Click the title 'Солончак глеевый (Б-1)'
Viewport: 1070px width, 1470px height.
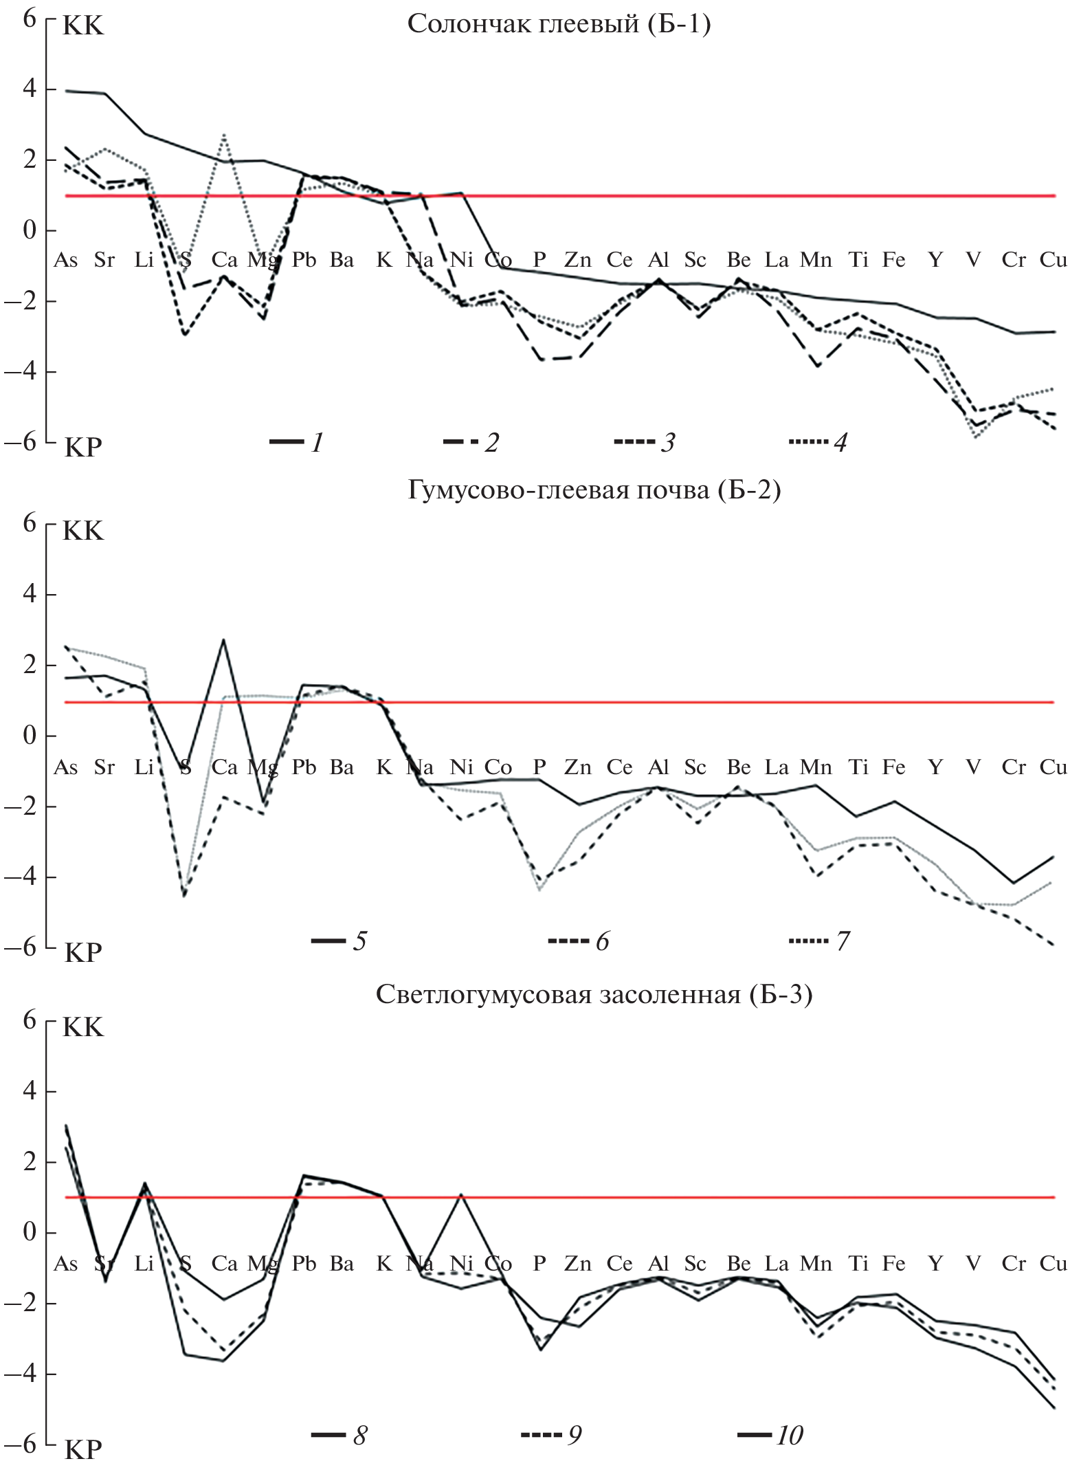point(559,25)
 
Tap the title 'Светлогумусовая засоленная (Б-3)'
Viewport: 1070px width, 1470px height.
point(594,995)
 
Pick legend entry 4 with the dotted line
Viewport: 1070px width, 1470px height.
point(818,442)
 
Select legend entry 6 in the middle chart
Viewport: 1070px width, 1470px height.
point(579,941)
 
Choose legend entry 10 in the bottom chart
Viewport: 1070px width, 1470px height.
point(770,1436)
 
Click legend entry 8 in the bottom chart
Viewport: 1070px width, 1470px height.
point(339,1436)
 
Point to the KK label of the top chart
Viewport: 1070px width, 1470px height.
point(83,26)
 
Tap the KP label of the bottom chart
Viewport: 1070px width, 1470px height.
point(83,1450)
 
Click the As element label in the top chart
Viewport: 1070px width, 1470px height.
point(66,260)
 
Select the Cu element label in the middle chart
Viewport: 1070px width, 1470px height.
point(1053,767)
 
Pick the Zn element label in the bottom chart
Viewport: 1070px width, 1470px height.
point(577,1263)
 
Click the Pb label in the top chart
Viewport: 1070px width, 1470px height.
point(304,260)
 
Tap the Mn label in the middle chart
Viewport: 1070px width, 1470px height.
point(816,767)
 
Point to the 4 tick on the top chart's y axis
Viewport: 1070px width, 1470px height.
point(29,90)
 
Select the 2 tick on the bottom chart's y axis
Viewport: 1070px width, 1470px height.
point(29,1163)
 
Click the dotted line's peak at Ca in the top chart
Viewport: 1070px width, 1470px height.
point(224,135)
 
